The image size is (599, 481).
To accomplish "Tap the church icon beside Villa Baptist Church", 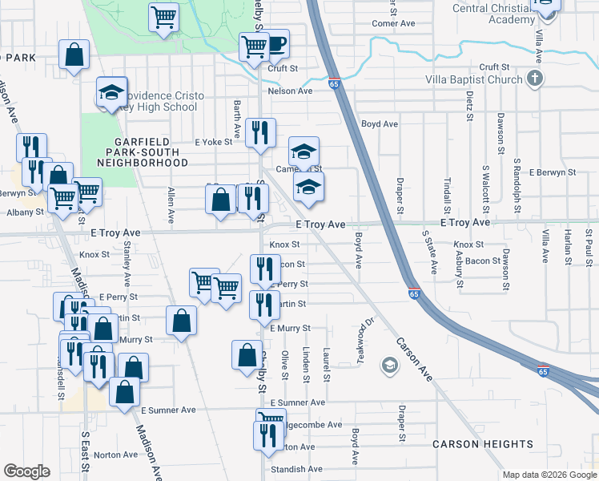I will pyautogui.click(x=535, y=79).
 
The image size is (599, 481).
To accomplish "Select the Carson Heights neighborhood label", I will pyautogui.click(x=482, y=444).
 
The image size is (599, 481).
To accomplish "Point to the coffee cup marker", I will pyautogui.click(x=275, y=45).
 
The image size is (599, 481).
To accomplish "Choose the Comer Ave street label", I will pyautogui.click(x=393, y=23).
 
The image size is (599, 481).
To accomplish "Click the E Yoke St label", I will pyautogui.click(x=213, y=142).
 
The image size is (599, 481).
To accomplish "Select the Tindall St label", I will pyautogui.click(x=448, y=191).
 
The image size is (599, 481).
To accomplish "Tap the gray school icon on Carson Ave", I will pyautogui.click(x=389, y=366).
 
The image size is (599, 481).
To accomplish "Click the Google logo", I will pyautogui.click(x=26, y=471).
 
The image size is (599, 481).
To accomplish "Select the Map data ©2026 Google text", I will pyautogui.click(x=549, y=475).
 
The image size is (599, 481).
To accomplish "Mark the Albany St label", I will pyautogui.click(x=22, y=212).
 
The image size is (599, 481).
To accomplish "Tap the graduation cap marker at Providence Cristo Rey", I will pyautogui.click(x=112, y=92).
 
